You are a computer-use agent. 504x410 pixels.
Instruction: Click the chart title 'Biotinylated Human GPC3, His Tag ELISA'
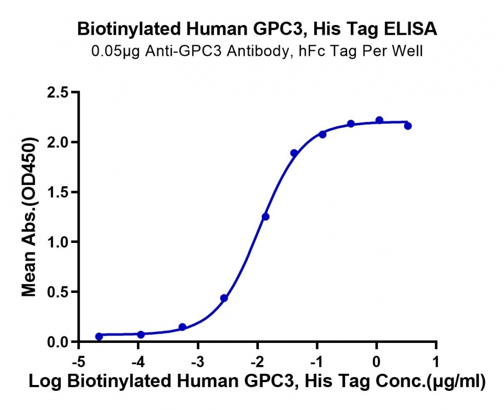(257, 29)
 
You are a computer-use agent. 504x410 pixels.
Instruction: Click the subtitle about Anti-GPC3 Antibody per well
(257, 51)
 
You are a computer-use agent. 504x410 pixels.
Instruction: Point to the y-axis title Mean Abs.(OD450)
(29, 217)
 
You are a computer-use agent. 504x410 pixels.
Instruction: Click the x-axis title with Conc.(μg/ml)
(257, 382)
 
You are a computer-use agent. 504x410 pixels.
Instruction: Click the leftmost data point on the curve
(99, 337)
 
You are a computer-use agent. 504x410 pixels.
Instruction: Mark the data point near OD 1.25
(266, 217)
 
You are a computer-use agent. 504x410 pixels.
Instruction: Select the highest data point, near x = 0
(379, 120)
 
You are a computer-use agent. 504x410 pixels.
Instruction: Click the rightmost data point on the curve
(408, 126)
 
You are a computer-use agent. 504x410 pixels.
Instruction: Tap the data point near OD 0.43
(224, 298)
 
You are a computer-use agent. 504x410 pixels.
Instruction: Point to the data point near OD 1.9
(294, 153)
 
